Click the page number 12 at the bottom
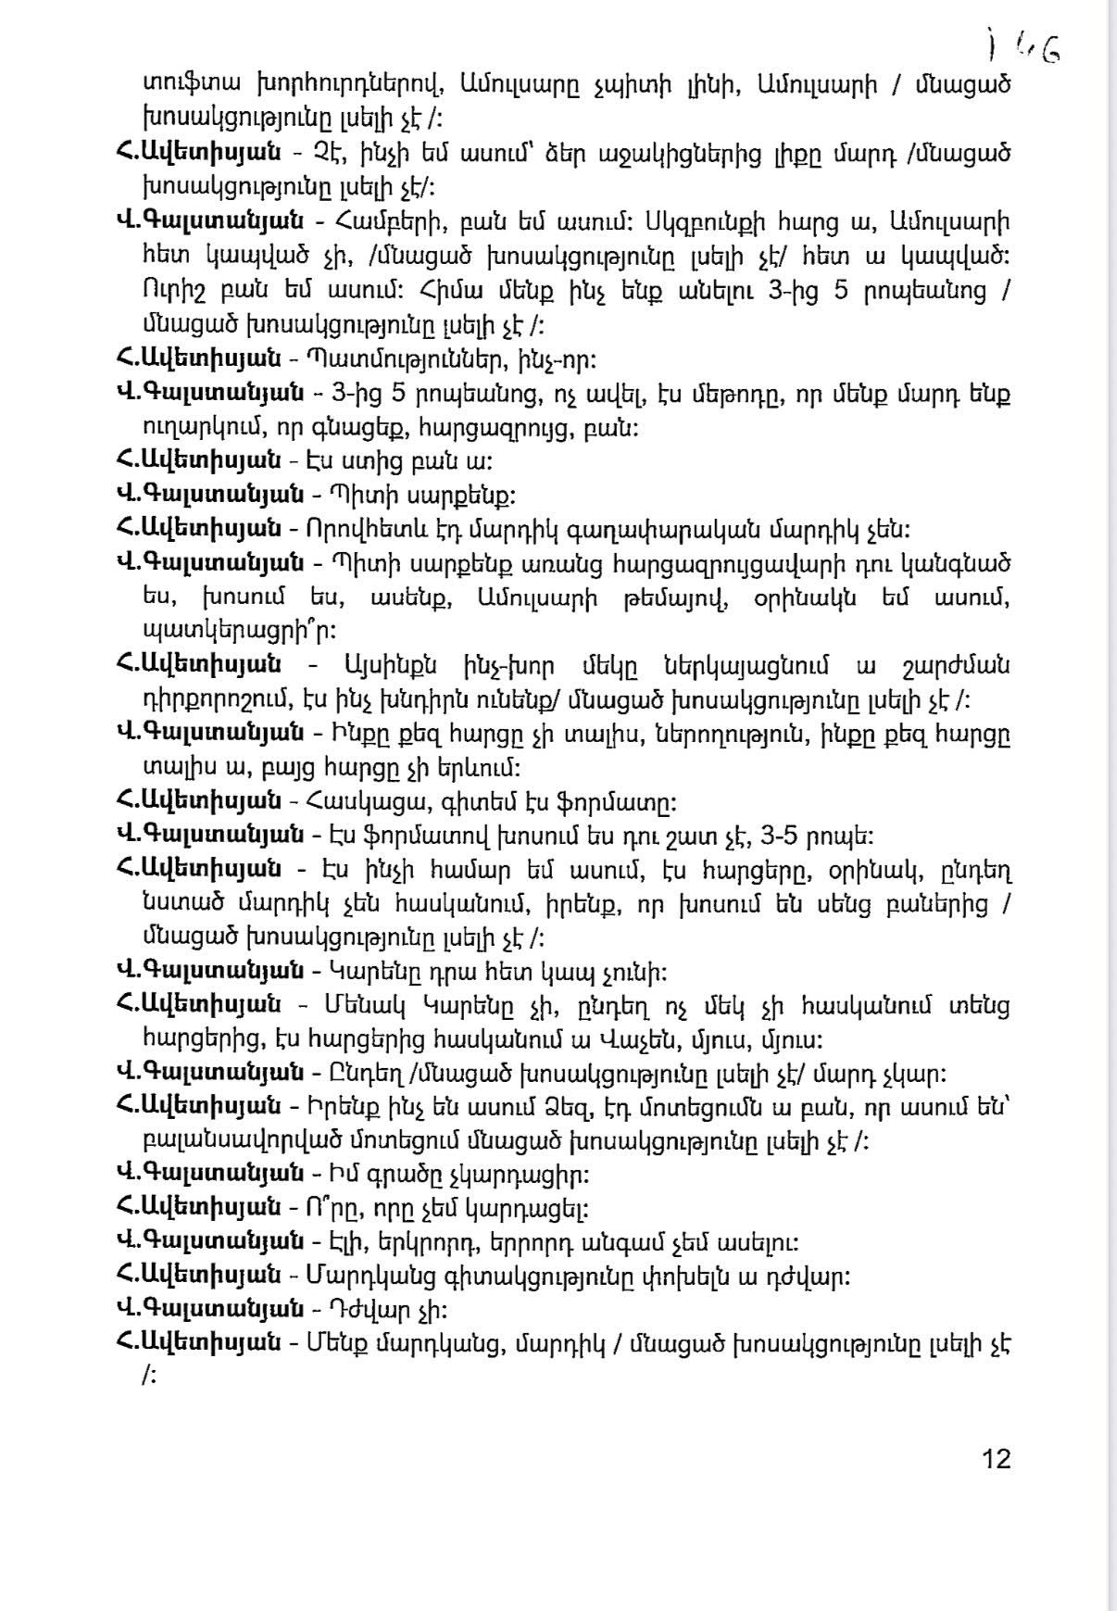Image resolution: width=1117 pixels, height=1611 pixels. [x=996, y=1459]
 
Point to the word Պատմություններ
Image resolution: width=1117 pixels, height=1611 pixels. [x=385, y=359]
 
